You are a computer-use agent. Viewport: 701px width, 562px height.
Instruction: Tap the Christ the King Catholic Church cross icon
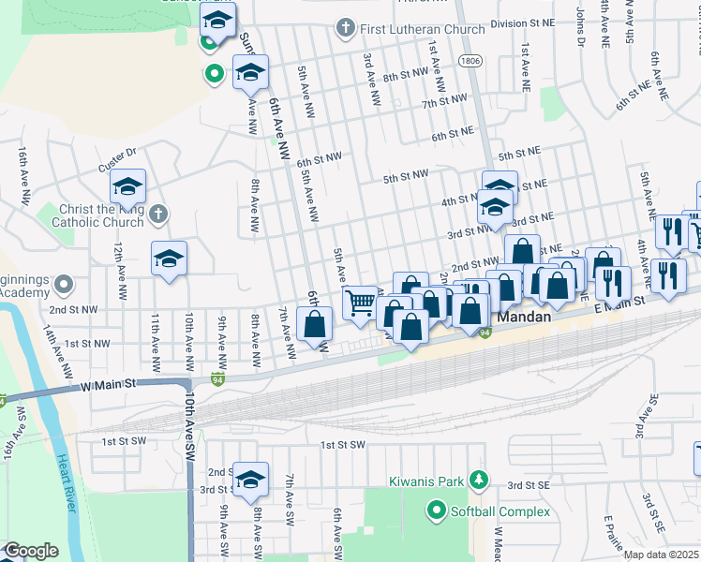[157, 213]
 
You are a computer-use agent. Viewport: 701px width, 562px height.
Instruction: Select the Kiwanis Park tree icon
[479, 481]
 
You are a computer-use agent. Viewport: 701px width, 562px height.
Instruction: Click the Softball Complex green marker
[435, 511]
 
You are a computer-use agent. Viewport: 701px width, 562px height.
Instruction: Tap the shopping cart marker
[361, 303]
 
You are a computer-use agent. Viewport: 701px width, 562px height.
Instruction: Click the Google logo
[31, 551]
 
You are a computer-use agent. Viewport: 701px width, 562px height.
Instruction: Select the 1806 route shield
[471, 59]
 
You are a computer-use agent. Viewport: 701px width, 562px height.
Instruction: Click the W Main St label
[109, 384]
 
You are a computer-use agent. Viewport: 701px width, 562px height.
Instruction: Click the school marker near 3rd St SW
[250, 479]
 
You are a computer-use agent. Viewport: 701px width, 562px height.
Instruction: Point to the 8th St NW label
[405, 73]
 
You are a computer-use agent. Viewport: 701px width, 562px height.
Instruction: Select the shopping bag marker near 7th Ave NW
[316, 324]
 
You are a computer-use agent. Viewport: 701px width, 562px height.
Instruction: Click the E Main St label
[619, 303]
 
